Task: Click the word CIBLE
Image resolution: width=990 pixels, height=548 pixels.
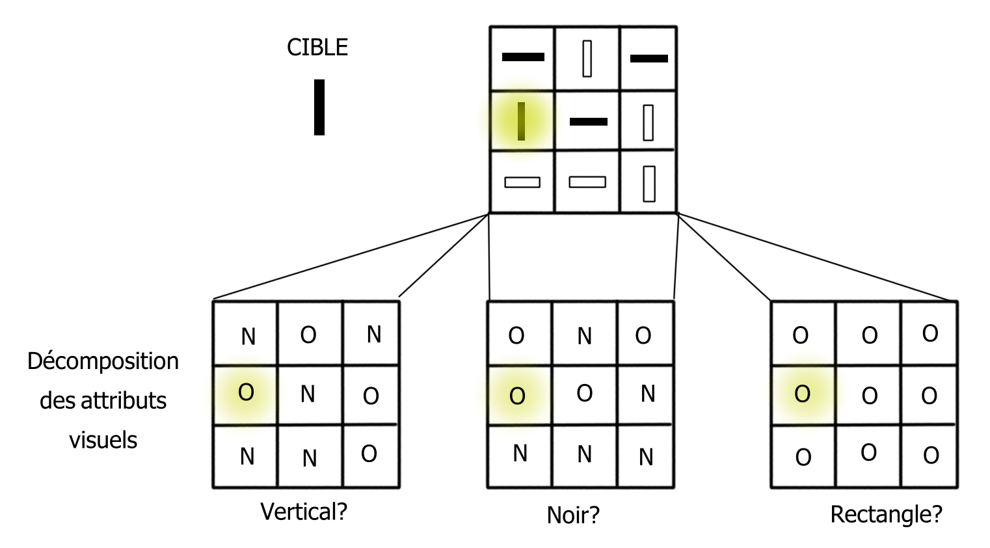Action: [x=317, y=48]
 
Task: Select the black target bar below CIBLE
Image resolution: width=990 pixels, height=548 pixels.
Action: [x=319, y=107]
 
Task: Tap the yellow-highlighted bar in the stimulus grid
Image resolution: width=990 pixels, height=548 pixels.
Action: [x=521, y=121]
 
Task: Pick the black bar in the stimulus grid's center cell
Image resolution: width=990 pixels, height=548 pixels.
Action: [x=588, y=122]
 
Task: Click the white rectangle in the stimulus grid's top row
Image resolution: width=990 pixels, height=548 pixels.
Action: [x=587, y=59]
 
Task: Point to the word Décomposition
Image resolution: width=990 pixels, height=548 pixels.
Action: [x=103, y=361]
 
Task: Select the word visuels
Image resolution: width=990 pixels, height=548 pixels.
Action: [x=103, y=440]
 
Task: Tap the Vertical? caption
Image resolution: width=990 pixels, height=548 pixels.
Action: [x=304, y=512]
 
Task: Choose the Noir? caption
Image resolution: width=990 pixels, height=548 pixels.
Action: [x=573, y=515]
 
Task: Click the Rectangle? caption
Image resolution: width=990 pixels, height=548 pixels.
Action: [x=886, y=514]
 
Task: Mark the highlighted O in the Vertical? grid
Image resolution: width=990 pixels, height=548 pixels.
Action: [x=246, y=392]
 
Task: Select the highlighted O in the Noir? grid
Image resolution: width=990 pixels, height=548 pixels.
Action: [x=517, y=396]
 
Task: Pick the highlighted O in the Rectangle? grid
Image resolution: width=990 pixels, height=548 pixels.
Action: [x=802, y=394]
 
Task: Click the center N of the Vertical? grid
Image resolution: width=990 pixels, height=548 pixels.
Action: [x=308, y=394]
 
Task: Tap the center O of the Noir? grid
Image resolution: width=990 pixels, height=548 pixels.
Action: [x=584, y=393]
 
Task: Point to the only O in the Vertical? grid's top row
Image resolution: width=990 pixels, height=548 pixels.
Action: [x=308, y=335]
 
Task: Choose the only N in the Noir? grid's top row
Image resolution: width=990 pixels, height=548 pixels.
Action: [x=584, y=336]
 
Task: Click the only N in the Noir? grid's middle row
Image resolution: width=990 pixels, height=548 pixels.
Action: [x=647, y=394]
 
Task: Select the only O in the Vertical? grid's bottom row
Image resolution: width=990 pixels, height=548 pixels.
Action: [x=369, y=454]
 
